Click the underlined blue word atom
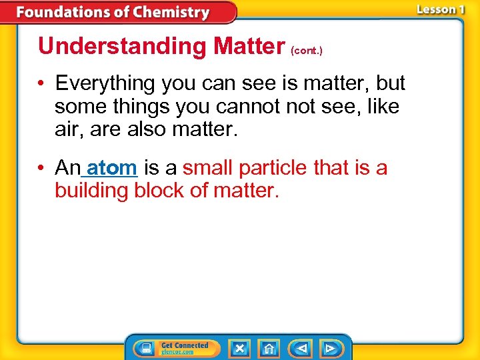pos(112,168)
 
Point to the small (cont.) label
pos(307,51)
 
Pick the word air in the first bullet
pos(65,129)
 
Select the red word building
pos(91,191)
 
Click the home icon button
pos(269,348)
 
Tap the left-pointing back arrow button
pos(301,348)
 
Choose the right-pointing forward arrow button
pos(330,348)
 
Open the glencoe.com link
pos(177,352)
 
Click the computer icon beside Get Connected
pos(143,348)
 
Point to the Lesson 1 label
pos(441,10)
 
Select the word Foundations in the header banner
pos(63,13)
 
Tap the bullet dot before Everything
pos(42,84)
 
